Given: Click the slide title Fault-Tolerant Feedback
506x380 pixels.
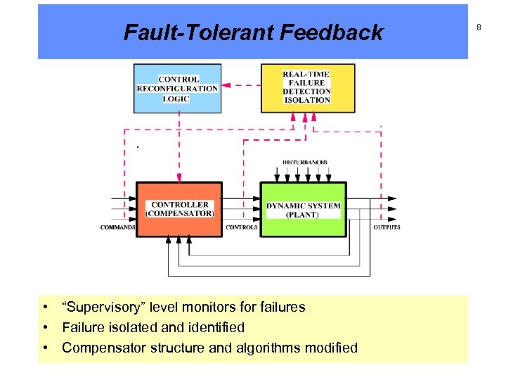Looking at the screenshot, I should (x=253, y=32).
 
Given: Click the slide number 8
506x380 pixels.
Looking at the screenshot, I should (x=479, y=27).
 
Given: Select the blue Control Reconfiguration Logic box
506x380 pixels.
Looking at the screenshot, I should (x=177, y=89).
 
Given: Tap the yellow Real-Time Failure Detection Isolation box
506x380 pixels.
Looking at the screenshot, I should (x=306, y=88).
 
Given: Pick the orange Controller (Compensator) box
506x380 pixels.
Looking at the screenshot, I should (x=179, y=209).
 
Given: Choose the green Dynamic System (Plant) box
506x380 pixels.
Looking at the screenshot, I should (x=304, y=210).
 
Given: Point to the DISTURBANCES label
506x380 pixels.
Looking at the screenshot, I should (x=305, y=163).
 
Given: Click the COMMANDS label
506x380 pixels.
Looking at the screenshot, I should (x=117, y=227).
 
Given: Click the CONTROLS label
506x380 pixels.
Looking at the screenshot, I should (x=241, y=227).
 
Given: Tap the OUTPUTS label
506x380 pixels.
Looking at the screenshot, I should (x=387, y=227).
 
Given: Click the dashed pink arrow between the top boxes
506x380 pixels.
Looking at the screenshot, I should (x=241, y=85).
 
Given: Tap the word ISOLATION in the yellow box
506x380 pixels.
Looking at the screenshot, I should (x=307, y=100).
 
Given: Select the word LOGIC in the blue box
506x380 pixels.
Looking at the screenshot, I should (x=176, y=99).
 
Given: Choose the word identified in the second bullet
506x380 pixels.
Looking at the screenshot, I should (x=215, y=327).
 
